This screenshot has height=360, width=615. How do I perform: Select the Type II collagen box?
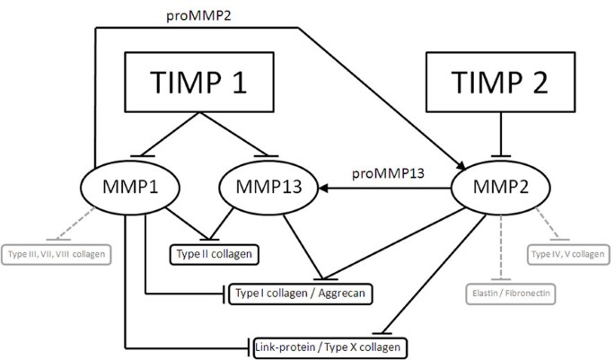(215, 255)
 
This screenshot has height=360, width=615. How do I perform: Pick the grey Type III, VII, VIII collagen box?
(57, 255)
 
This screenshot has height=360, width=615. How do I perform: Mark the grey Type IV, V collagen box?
(567, 255)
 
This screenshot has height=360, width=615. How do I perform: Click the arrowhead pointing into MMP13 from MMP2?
(307, 189)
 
